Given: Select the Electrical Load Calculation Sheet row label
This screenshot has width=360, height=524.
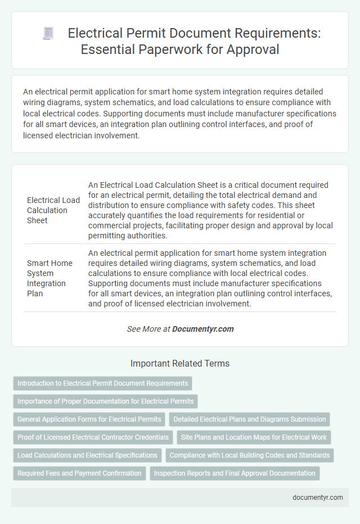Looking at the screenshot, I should coord(53,210).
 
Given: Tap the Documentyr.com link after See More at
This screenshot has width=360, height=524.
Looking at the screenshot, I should coord(203,329).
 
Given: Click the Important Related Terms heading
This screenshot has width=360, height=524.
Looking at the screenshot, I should coord(180,364).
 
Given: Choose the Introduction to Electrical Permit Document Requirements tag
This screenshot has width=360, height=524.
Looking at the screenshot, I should coord(103,383).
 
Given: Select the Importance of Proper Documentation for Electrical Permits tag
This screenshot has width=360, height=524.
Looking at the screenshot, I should coord(105,401).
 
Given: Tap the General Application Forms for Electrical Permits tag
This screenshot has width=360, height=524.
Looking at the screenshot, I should coord(88,419).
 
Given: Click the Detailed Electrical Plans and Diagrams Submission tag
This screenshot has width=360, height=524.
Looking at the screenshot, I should coord(249,419).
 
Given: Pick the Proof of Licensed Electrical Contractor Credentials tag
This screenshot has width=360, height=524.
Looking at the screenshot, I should coord(93,437).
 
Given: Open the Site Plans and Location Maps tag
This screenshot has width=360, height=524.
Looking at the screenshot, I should coord(254,437).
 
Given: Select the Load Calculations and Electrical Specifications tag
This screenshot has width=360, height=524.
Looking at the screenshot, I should coord(87,455).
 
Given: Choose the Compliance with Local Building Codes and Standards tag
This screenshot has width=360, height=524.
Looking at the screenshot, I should coord(249,455).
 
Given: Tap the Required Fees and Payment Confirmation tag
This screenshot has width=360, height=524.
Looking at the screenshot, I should coord(79,473).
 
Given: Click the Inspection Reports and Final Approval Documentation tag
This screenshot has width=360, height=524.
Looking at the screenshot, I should coord(235,473).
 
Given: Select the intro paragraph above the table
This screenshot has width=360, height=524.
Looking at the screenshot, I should coord(180,113).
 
